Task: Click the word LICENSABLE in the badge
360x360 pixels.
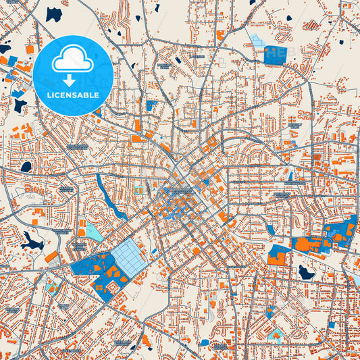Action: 73,95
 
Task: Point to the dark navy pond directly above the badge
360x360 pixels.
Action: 53,14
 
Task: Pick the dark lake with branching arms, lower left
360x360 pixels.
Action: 30,239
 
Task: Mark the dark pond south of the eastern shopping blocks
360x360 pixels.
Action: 307,272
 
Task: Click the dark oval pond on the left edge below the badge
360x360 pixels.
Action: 26,166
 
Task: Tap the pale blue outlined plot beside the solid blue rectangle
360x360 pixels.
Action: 257,41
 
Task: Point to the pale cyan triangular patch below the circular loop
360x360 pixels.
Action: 95,233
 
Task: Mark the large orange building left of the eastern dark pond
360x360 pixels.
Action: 276,257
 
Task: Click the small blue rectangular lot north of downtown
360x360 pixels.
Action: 151,105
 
